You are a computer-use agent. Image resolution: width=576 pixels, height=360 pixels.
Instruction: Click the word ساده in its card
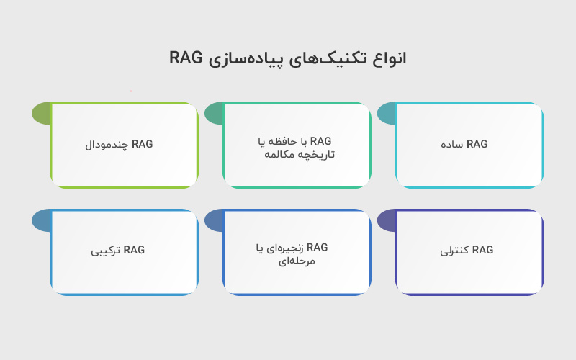[453, 144]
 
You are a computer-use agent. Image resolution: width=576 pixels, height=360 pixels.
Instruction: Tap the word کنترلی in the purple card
[456, 251]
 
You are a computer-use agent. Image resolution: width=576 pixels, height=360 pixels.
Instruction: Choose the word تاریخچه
[315, 154]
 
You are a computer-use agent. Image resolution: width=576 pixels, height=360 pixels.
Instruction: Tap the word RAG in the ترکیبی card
[134, 251]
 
